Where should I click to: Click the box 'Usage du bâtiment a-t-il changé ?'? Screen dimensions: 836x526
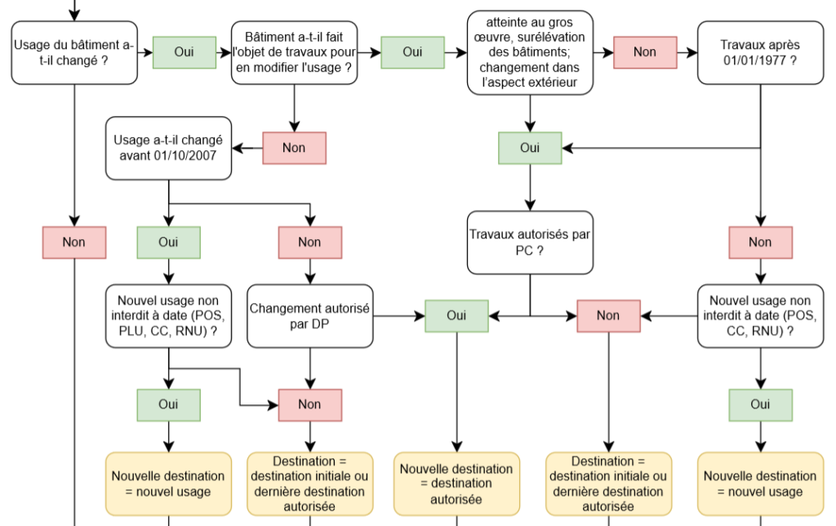[74, 53]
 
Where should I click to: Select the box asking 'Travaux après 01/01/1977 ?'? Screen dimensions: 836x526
[760, 53]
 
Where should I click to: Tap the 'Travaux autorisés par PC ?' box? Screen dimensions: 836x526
[530, 243]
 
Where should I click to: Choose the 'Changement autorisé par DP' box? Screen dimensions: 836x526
[309, 316]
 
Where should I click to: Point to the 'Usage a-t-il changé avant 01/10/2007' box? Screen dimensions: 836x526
[168, 149]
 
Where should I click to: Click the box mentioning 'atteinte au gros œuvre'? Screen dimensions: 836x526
[530, 53]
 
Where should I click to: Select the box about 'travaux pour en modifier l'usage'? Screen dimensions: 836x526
[294, 53]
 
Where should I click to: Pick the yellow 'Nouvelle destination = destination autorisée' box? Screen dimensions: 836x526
[456, 484]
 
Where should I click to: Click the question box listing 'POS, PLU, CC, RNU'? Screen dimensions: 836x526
[168, 316]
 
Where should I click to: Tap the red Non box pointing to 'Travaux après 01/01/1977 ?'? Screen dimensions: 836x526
[645, 52]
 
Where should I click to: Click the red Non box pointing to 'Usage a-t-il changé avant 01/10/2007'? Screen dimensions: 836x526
[294, 149]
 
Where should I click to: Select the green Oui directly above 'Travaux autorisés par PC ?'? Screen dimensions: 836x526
[530, 149]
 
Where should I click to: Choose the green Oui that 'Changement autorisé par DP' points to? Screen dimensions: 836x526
[456, 316]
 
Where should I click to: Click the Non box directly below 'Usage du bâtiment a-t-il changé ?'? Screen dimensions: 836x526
[74, 243]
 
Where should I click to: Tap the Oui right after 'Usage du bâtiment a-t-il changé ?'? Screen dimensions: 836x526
[184, 52]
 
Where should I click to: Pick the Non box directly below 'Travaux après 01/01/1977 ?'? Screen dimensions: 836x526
[760, 243]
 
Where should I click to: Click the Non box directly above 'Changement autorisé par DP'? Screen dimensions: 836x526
[309, 243]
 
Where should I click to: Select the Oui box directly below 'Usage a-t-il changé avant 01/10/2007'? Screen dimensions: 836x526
[168, 243]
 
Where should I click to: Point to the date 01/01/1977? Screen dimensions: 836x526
[754, 60]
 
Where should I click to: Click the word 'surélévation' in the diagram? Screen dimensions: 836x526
[551, 38]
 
